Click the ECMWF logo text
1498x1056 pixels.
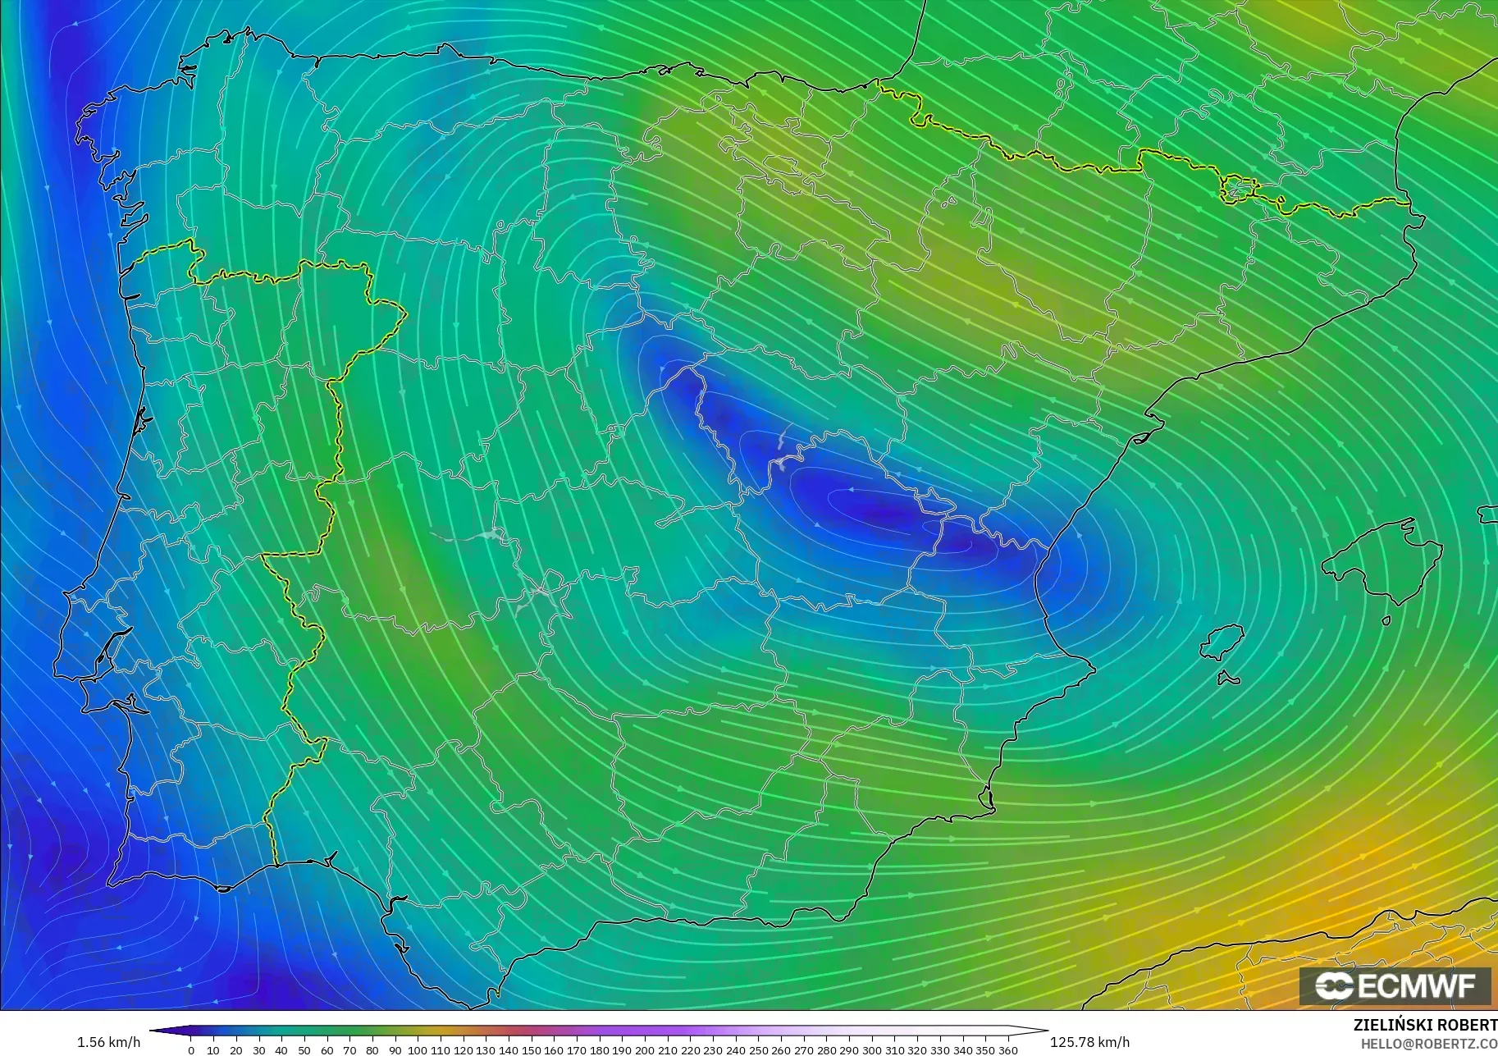pyautogui.click(x=1417, y=985)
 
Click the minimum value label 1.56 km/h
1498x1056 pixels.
pyautogui.click(x=108, y=1042)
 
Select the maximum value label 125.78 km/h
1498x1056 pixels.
pyautogui.click(x=1089, y=1042)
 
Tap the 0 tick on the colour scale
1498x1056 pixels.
pyautogui.click(x=191, y=1049)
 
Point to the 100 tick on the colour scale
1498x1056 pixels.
pyautogui.click(x=418, y=1049)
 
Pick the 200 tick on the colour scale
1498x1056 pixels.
pyautogui.click(x=645, y=1049)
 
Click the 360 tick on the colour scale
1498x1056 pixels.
pyautogui.click(x=1007, y=1049)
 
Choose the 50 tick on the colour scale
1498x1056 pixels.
pyautogui.click(x=304, y=1049)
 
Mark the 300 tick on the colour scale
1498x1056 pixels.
pyautogui.click(x=871, y=1049)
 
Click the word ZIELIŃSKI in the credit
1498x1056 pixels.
pyautogui.click(x=1390, y=1026)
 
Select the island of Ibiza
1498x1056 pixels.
pyautogui.click(x=1222, y=642)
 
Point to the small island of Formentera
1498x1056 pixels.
pyautogui.click(x=1227, y=678)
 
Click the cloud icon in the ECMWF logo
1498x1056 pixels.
pyautogui.click(x=1334, y=985)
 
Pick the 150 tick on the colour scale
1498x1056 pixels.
pyautogui.click(x=531, y=1049)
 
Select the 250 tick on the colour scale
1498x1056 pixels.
pyautogui.click(x=758, y=1049)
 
